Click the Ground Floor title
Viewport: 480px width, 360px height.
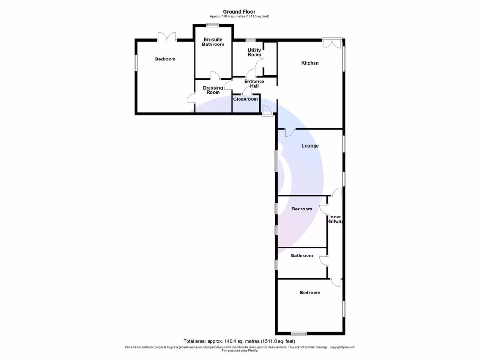(240, 12)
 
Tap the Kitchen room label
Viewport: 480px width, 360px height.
(310, 63)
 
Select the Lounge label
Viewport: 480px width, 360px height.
(310, 146)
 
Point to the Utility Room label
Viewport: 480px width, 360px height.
(255, 52)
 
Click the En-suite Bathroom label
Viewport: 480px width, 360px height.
(213, 42)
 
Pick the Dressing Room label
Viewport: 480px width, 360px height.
(213, 90)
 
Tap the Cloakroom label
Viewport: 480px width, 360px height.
(246, 99)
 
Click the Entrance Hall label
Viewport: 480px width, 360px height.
(254, 84)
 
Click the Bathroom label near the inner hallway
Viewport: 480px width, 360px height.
(301, 255)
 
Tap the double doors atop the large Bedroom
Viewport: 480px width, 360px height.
(166, 37)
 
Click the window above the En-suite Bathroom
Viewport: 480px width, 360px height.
(213, 25)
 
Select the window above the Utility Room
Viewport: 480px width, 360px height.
(251, 40)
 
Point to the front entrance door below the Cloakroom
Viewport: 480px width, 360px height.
(267, 111)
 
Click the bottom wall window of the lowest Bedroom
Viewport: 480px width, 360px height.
(299, 334)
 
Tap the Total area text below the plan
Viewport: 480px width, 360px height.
(240, 341)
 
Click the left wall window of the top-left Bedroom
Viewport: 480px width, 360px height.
(135, 63)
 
